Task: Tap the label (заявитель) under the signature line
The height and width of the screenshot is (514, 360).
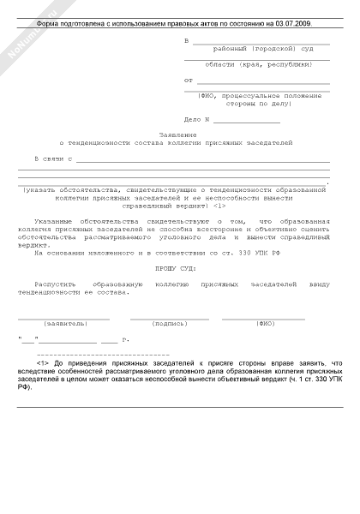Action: (x=66, y=325)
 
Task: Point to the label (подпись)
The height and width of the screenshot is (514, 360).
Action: (x=169, y=325)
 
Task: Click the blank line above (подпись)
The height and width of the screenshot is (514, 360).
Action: (x=169, y=319)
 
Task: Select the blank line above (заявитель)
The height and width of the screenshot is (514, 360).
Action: (x=66, y=319)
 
